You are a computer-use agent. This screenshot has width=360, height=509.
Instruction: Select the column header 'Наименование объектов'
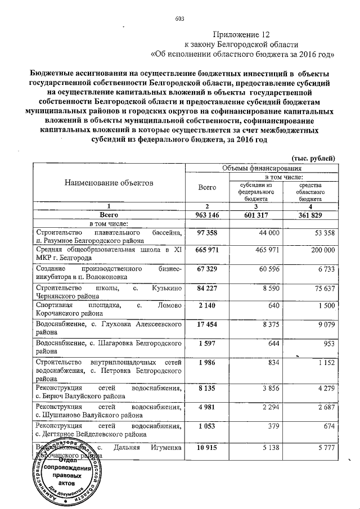[109, 183]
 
